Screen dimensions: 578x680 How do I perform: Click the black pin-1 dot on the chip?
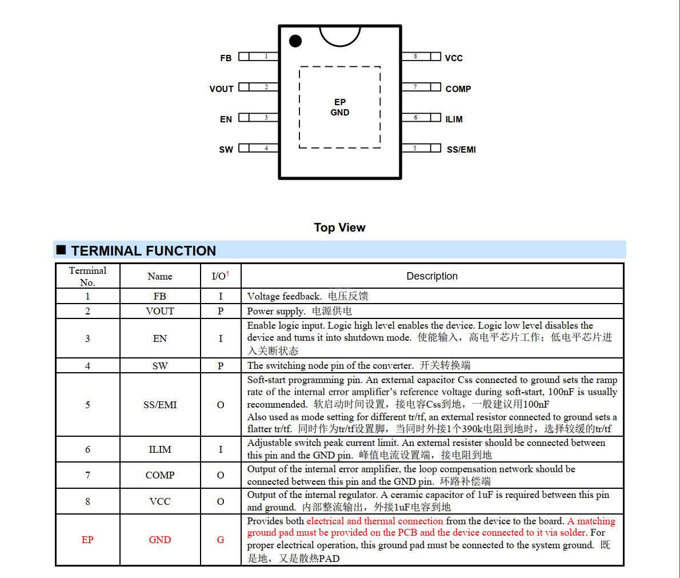tap(295, 41)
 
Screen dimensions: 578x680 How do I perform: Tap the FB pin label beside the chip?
tap(226, 58)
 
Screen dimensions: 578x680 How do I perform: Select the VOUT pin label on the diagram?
tap(221, 89)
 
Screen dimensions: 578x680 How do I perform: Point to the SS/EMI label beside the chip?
tap(461, 150)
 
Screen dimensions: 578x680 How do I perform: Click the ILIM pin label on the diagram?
tap(454, 119)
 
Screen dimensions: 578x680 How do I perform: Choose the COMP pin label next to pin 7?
tap(458, 89)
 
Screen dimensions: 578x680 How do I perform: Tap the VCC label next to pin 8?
tap(454, 58)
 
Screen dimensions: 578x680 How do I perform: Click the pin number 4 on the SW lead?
tap(266, 148)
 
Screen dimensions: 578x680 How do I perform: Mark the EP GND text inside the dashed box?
tap(340, 107)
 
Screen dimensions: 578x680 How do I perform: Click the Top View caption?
tap(339, 228)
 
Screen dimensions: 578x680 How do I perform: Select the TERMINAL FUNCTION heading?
tap(143, 251)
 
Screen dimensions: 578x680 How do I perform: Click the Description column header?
tap(432, 276)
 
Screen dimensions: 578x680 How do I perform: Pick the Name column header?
tap(160, 277)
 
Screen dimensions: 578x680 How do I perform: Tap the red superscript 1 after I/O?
tap(227, 274)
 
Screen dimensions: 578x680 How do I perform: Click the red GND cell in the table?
tap(160, 540)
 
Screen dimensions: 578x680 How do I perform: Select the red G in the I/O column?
tap(221, 540)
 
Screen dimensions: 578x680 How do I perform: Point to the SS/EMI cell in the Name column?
tap(160, 405)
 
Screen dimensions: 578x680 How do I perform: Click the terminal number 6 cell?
tap(87, 449)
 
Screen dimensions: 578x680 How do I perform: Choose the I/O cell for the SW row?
tap(221, 366)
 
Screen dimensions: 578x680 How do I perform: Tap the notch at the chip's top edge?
tap(340, 35)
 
